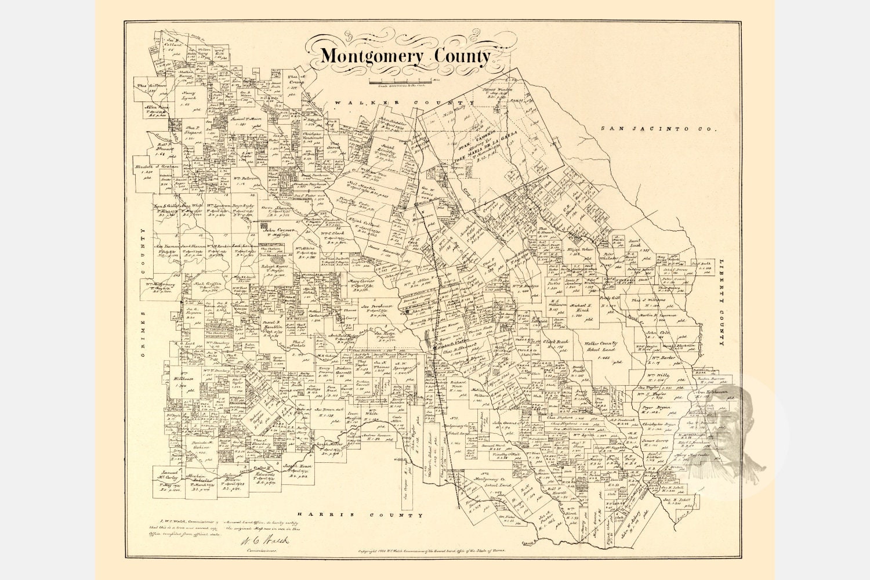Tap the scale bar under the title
(x=400, y=81)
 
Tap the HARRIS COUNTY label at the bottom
(x=360, y=515)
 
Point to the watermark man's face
(x=734, y=429)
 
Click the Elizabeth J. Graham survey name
(x=156, y=166)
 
